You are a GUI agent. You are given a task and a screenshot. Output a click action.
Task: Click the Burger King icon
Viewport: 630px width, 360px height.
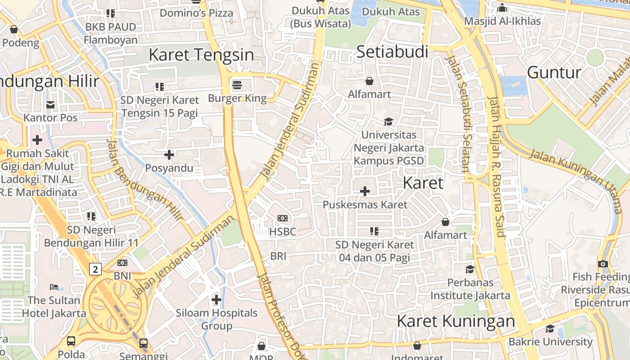[237, 85]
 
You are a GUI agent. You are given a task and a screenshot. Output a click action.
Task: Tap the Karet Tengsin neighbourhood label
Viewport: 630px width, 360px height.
[201, 55]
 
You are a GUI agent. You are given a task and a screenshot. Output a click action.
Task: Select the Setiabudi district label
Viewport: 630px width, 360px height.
[392, 52]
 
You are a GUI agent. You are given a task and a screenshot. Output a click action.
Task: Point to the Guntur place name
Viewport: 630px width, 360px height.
[554, 72]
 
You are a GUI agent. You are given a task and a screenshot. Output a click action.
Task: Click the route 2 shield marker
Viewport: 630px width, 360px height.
[95, 269]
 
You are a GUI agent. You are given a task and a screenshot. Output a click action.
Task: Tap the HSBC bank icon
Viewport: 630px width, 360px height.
[283, 218]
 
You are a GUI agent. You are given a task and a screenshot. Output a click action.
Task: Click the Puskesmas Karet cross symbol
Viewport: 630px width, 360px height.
[365, 191]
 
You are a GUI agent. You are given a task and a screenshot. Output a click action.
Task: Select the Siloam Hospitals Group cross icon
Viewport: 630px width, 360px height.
[216, 299]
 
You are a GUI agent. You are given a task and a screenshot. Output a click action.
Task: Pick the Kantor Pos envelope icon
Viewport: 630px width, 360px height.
[50, 105]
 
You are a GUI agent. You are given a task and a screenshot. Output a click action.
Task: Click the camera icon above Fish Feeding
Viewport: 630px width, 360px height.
[603, 264]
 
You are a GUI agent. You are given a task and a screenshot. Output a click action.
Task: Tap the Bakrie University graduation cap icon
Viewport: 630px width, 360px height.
[550, 328]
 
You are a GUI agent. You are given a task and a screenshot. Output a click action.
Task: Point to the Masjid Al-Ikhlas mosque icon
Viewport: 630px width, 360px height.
[502, 8]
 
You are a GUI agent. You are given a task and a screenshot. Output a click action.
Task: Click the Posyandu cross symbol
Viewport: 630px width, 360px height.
[169, 155]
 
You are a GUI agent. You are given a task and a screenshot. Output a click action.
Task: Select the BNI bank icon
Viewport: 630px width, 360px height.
[122, 262]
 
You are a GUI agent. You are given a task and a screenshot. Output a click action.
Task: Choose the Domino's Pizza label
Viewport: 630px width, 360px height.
[197, 13]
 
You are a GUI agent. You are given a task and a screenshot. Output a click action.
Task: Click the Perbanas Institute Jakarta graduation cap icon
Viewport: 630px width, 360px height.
[470, 269]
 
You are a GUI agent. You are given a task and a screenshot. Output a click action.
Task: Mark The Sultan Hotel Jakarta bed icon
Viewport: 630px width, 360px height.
[54, 287]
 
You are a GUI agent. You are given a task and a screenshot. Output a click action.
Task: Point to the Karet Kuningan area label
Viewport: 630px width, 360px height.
[455, 321]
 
